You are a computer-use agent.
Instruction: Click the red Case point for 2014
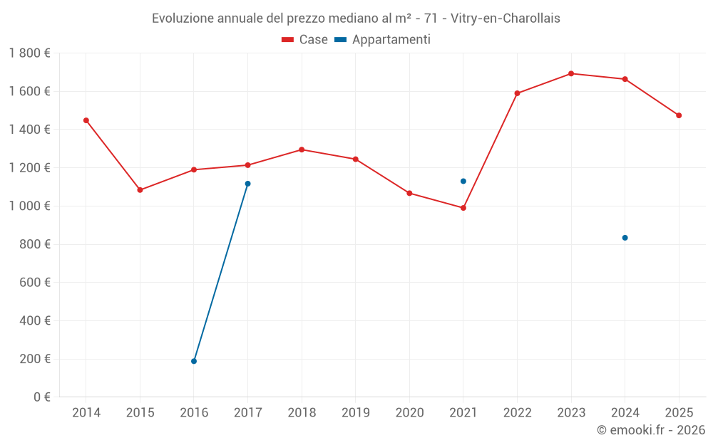pos(86,120)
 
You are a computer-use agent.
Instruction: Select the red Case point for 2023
pos(571,73)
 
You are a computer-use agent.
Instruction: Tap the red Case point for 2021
pos(463,208)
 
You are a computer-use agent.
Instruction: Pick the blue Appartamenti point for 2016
pos(194,361)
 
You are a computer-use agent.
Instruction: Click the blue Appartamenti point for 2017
pos(247,184)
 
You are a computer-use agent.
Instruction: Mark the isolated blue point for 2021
pos(463,181)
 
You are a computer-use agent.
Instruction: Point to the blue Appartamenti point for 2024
pos(625,238)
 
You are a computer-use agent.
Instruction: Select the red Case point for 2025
pos(679,115)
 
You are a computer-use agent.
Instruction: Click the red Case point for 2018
pos(302,150)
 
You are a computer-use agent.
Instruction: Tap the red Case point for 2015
pos(140,190)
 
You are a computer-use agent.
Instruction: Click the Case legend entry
pos(305,40)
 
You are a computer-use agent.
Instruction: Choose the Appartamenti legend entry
pos(383,40)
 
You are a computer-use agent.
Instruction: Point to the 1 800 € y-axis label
pos(29,53)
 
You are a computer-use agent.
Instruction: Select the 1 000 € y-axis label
pos(29,206)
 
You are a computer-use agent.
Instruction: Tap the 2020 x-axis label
pos(409,413)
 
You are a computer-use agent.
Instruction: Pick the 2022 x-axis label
pos(517,413)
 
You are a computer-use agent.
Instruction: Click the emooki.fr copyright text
pos(650,430)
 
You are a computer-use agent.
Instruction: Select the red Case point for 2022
pos(517,93)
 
